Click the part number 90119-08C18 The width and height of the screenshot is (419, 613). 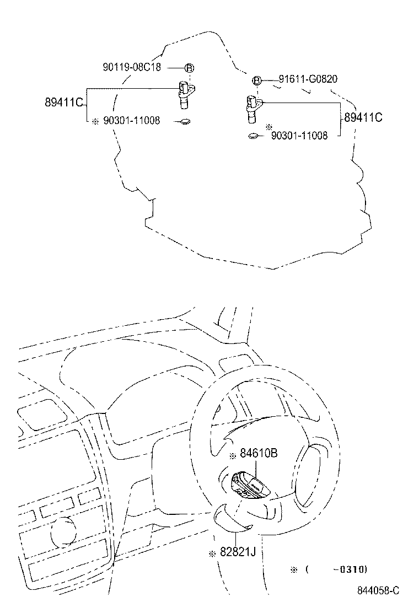point(132,67)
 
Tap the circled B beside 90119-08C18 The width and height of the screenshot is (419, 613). point(188,68)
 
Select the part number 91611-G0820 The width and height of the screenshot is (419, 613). point(308,79)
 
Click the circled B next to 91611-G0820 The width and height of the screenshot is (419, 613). point(257,81)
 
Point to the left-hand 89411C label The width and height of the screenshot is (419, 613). point(63,103)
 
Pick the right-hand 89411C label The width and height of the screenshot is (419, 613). point(363,117)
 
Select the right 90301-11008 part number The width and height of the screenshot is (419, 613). point(299,136)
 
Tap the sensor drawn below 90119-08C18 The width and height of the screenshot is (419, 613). point(185,93)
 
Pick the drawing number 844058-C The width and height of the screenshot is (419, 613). point(378,590)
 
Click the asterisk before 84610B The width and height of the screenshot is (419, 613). point(233,455)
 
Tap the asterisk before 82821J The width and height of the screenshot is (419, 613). point(212,553)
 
